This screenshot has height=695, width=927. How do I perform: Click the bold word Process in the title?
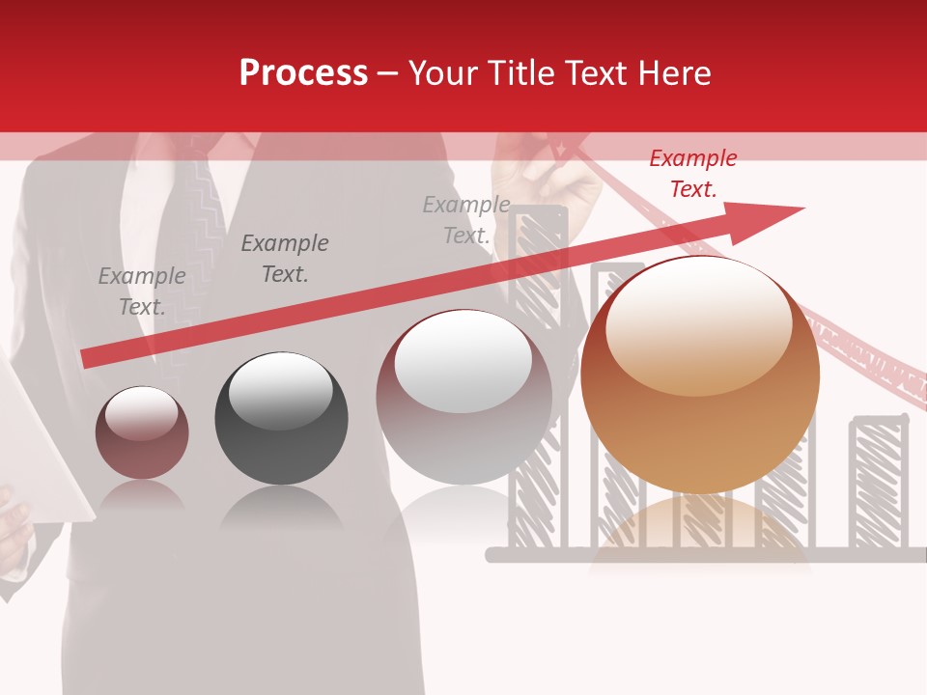pos(303,73)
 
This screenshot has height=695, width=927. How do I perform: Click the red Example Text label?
pos(692,174)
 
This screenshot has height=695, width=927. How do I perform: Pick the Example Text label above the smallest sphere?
pos(142,292)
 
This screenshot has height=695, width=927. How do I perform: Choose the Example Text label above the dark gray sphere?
pos(284,259)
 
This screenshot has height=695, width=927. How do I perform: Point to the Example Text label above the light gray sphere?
pos(466,220)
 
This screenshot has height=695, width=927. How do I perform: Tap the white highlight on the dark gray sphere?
pos(280,390)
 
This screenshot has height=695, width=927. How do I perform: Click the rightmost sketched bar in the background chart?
pos(878,483)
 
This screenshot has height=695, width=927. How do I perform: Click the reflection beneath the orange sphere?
pos(700,531)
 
